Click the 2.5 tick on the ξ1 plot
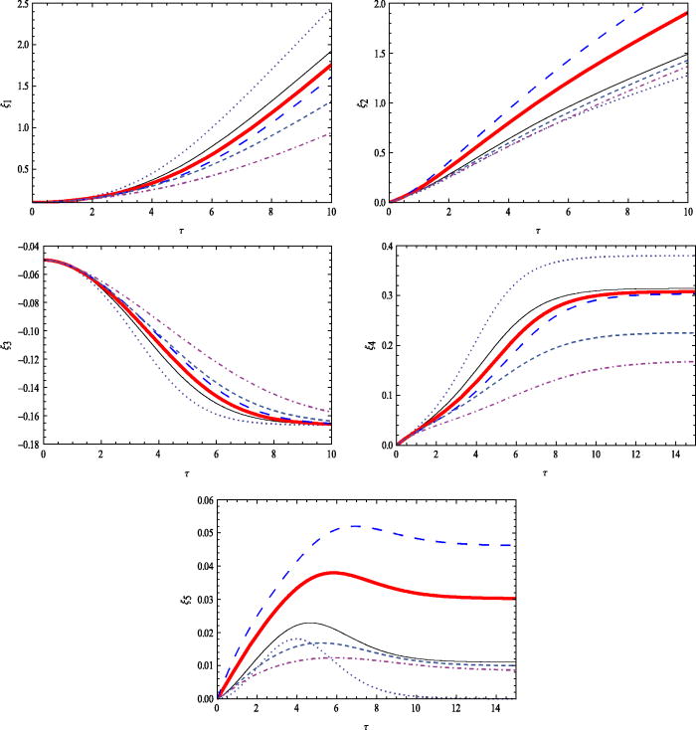coord(20,5)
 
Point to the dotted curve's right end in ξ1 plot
coord(330,9)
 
